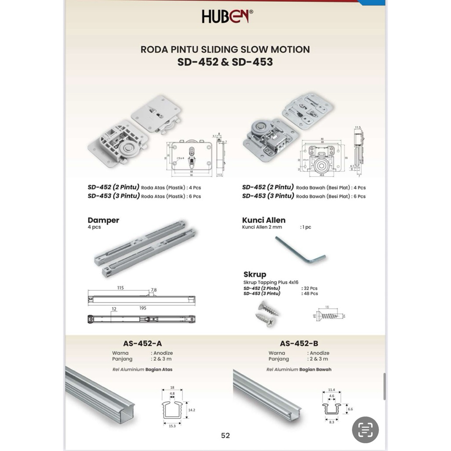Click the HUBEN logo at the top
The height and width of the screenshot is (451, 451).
pos(227,16)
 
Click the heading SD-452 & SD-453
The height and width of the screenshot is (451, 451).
pos(225,62)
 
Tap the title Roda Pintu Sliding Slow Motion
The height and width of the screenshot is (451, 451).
pos(225,49)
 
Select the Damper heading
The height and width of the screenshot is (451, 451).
pos(103,220)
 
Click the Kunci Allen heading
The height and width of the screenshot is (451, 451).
pos(263,220)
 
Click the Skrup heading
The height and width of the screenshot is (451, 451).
pos(255,274)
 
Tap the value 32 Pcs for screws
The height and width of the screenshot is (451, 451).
pos(310,288)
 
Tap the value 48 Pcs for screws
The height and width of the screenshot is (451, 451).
pos(310,293)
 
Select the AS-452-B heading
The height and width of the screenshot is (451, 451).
pos(299,344)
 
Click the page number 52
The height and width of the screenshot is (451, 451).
pos(225,436)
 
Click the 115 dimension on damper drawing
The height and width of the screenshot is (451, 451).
pos(120,288)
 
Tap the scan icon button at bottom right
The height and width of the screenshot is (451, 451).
pos(365,429)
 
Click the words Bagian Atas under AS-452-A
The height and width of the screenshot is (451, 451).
pos(159,370)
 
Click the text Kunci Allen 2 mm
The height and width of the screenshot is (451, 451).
pos(262,227)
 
